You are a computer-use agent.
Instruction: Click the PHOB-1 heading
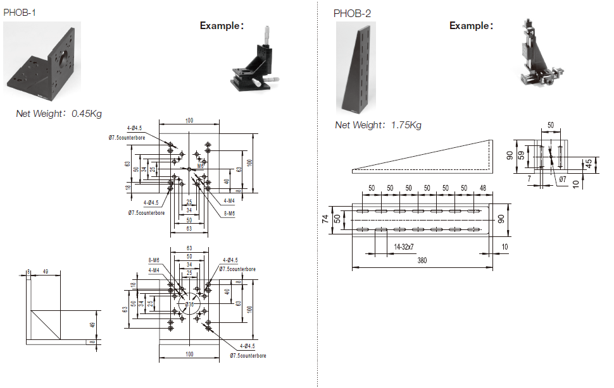point(20,12)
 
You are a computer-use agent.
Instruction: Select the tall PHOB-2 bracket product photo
point(356,67)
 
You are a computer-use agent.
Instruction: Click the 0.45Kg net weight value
point(87,114)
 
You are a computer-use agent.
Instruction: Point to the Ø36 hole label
point(189,305)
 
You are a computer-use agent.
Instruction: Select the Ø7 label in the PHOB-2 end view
point(563,179)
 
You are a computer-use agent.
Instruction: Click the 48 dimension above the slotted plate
point(484,188)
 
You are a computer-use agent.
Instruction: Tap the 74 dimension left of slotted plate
point(325,219)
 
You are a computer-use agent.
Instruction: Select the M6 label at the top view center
point(200,165)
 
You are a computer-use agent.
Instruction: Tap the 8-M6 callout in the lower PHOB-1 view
point(154,260)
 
